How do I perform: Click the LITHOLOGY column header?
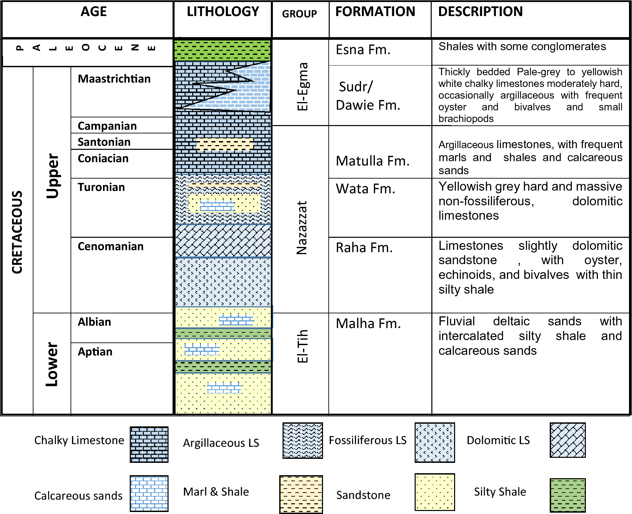pyautogui.click(x=223, y=12)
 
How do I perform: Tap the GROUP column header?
pyautogui.click(x=299, y=14)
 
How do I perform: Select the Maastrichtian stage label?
pyautogui.click(x=114, y=79)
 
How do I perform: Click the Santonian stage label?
pyautogui.click(x=104, y=142)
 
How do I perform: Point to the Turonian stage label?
pyautogui.click(x=101, y=187)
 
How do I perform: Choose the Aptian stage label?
pyautogui.click(x=95, y=352)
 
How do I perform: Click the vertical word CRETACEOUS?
pyautogui.click(x=17, y=232)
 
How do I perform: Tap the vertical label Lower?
pyautogui.click(x=52, y=364)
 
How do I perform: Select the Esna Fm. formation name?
pyautogui.click(x=363, y=50)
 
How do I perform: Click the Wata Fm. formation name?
pyautogui.click(x=365, y=189)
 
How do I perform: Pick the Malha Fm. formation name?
pyautogui.click(x=368, y=324)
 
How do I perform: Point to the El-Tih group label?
pyautogui.click(x=303, y=346)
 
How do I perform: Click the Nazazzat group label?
pyautogui.click(x=302, y=228)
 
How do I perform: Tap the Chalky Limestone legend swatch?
pyautogui.click(x=149, y=444)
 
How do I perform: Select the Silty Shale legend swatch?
pyautogui.click(x=567, y=495)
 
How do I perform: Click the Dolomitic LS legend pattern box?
pyautogui.click(x=567, y=440)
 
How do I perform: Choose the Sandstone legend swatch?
pyautogui.click(x=435, y=492)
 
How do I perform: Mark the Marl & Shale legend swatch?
pyautogui.click(x=301, y=494)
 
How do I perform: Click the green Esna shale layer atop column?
pyautogui.click(x=223, y=50)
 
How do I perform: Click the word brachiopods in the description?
pyautogui.click(x=466, y=119)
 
